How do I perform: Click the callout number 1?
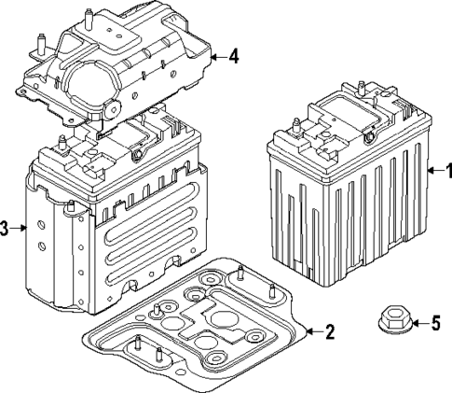coord(445,172)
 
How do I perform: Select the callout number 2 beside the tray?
coord(327,330)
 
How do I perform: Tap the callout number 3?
coord(6,229)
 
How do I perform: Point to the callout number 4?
coord(233,56)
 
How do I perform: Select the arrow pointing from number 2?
coord(310,330)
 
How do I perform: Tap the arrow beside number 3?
coord(20,229)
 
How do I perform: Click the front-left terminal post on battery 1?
coord(296,126)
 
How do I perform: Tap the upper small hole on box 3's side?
coord(42,225)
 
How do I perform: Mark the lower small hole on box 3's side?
coord(43,246)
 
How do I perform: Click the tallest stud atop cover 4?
coord(88,18)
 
